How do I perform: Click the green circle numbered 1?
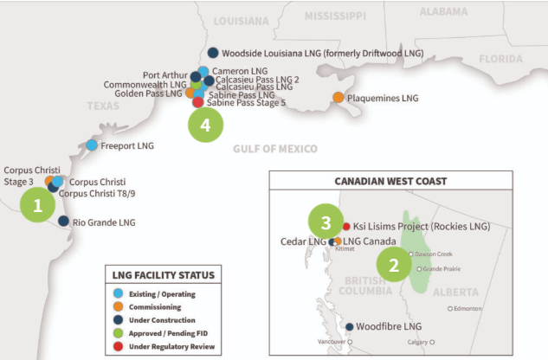pyautogui.click(x=37, y=206)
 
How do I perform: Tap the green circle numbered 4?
pyautogui.click(x=205, y=125)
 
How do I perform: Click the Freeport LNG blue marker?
pyautogui.click(x=92, y=145)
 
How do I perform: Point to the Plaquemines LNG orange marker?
pyautogui.click(x=338, y=99)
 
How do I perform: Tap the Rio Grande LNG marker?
pyautogui.click(x=63, y=222)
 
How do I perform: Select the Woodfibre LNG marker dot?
pyautogui.click(x=348, y=327)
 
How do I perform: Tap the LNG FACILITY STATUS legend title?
pyautogui.click(x=163, y=275)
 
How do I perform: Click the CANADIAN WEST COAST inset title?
pyautogui.click(x=390, y=181)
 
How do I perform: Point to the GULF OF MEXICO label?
pyautogui.click(x=274, y=149)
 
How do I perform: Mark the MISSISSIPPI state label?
pyautogui.click(x=341, y=16)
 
